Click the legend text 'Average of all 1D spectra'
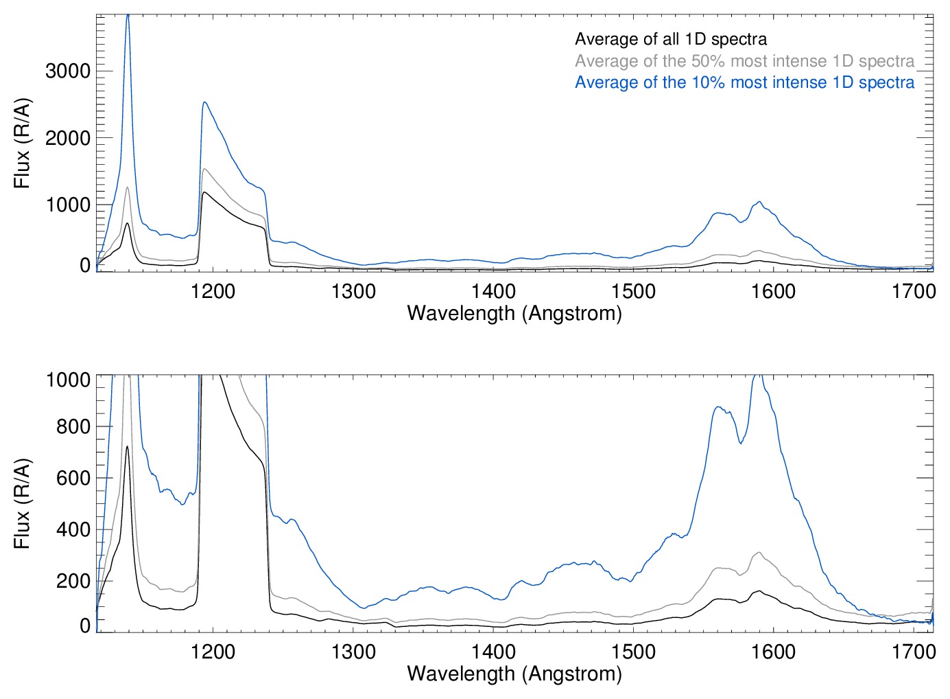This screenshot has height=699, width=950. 670,39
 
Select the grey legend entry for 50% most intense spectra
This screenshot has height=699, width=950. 744,61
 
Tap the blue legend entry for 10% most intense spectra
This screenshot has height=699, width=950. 744,82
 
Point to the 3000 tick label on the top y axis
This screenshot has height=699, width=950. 68,71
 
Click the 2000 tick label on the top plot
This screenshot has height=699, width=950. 68,138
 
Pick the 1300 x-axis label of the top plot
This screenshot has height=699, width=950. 353,291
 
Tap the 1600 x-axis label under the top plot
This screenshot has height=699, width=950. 773,291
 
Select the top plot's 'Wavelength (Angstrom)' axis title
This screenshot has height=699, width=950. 514,313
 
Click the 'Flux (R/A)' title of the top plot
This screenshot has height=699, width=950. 22,144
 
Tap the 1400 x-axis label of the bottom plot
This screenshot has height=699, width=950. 493,651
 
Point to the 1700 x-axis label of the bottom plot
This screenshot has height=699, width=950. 914,651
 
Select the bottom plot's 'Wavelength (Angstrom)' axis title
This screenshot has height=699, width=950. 514,674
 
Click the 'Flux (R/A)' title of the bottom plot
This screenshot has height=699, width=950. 22,504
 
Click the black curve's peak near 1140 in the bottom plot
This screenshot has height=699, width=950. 127,447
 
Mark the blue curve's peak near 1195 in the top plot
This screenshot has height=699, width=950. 204,102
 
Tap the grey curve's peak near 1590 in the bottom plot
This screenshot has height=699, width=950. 759,552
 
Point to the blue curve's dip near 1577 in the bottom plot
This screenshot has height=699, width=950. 740,444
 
